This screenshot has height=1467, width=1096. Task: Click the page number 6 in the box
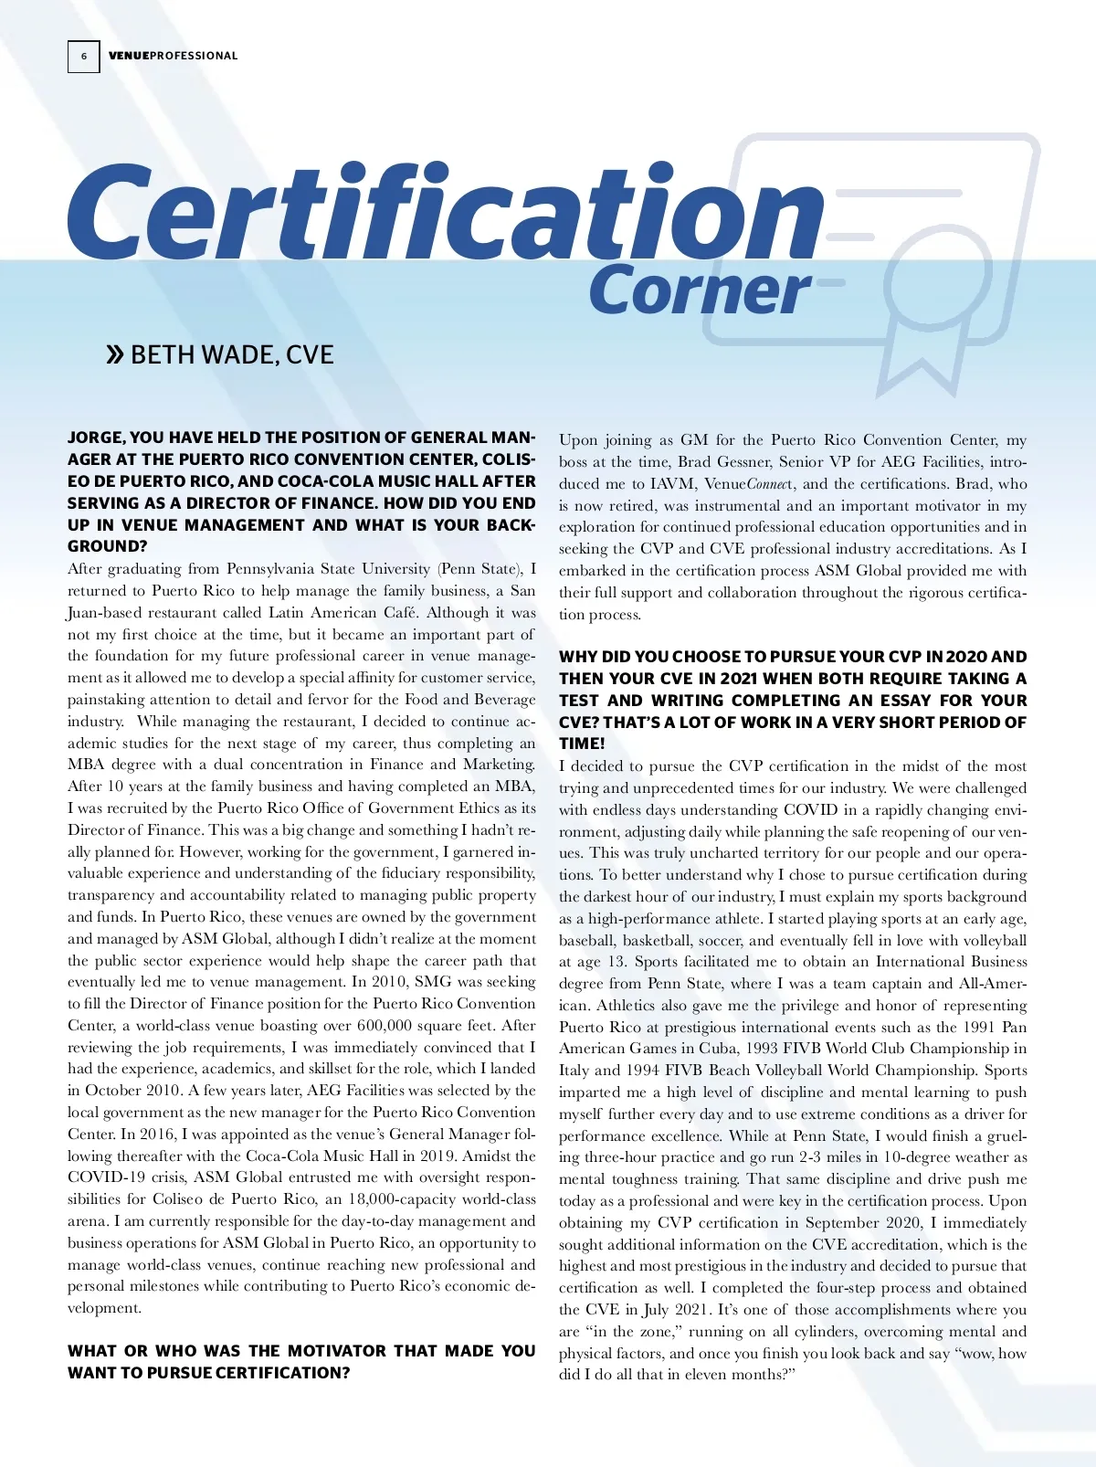point(83,57)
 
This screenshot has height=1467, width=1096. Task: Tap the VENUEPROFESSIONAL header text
point(173,56)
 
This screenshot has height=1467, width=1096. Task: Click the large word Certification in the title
point(446,212)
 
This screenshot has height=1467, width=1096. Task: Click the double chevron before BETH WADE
point(115,354)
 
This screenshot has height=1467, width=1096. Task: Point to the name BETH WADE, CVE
point(232,354)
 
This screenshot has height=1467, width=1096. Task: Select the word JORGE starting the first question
point(92,438)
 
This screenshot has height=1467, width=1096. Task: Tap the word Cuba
point(718,1049)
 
